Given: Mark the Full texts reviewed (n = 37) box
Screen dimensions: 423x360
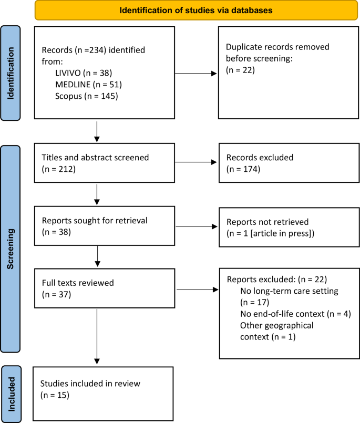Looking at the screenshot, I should point(104,289).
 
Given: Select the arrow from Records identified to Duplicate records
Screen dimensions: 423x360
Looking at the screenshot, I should point(195,74).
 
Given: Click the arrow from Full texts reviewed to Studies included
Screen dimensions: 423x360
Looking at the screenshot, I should point(97,336).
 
